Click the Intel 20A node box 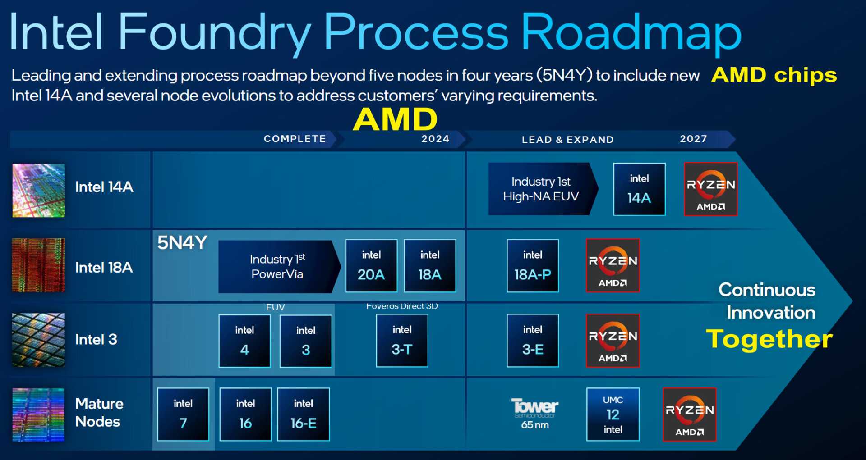371,265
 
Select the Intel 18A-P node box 533,265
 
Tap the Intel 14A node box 639,189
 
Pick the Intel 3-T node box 402,340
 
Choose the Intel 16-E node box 303,414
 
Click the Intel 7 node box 183,414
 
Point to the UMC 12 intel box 613,414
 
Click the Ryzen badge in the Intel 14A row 710,189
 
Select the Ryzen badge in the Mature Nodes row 689,414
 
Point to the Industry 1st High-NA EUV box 542,189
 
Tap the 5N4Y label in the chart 182,243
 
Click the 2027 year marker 693,139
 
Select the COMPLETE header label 295,139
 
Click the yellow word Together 769,339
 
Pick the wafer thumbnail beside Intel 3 38,340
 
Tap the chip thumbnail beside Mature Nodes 38,414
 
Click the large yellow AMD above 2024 395,119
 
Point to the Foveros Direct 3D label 402,306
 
